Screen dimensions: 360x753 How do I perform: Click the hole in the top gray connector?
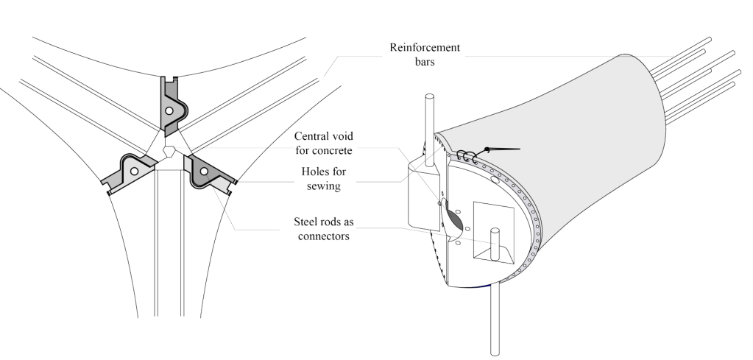click(x=169, y=110)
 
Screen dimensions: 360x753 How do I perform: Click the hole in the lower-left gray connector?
click(x=134, y=171)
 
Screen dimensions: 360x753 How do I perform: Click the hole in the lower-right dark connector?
click(x=204, y=172)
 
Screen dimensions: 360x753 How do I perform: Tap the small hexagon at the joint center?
click(x=170, y=151)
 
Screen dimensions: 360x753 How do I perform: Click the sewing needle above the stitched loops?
click(x=501, y=149)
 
